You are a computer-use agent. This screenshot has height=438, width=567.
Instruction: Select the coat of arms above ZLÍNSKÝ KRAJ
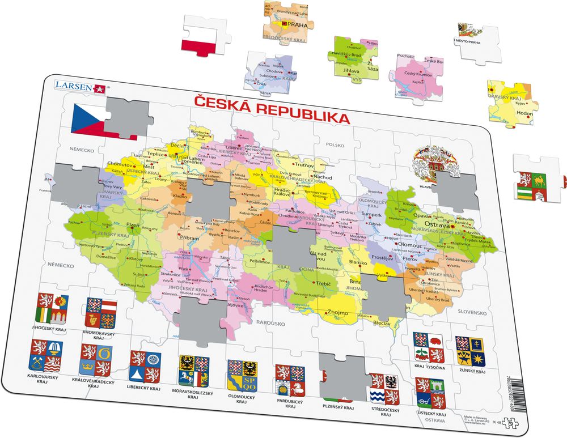pyautogui.click(x=470, y=351)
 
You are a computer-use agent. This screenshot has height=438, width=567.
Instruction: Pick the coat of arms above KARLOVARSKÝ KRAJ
pyautogui.click(x=46, y=355)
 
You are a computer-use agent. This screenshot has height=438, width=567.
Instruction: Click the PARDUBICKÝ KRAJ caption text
pyautogui.click(x=291, y=403)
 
